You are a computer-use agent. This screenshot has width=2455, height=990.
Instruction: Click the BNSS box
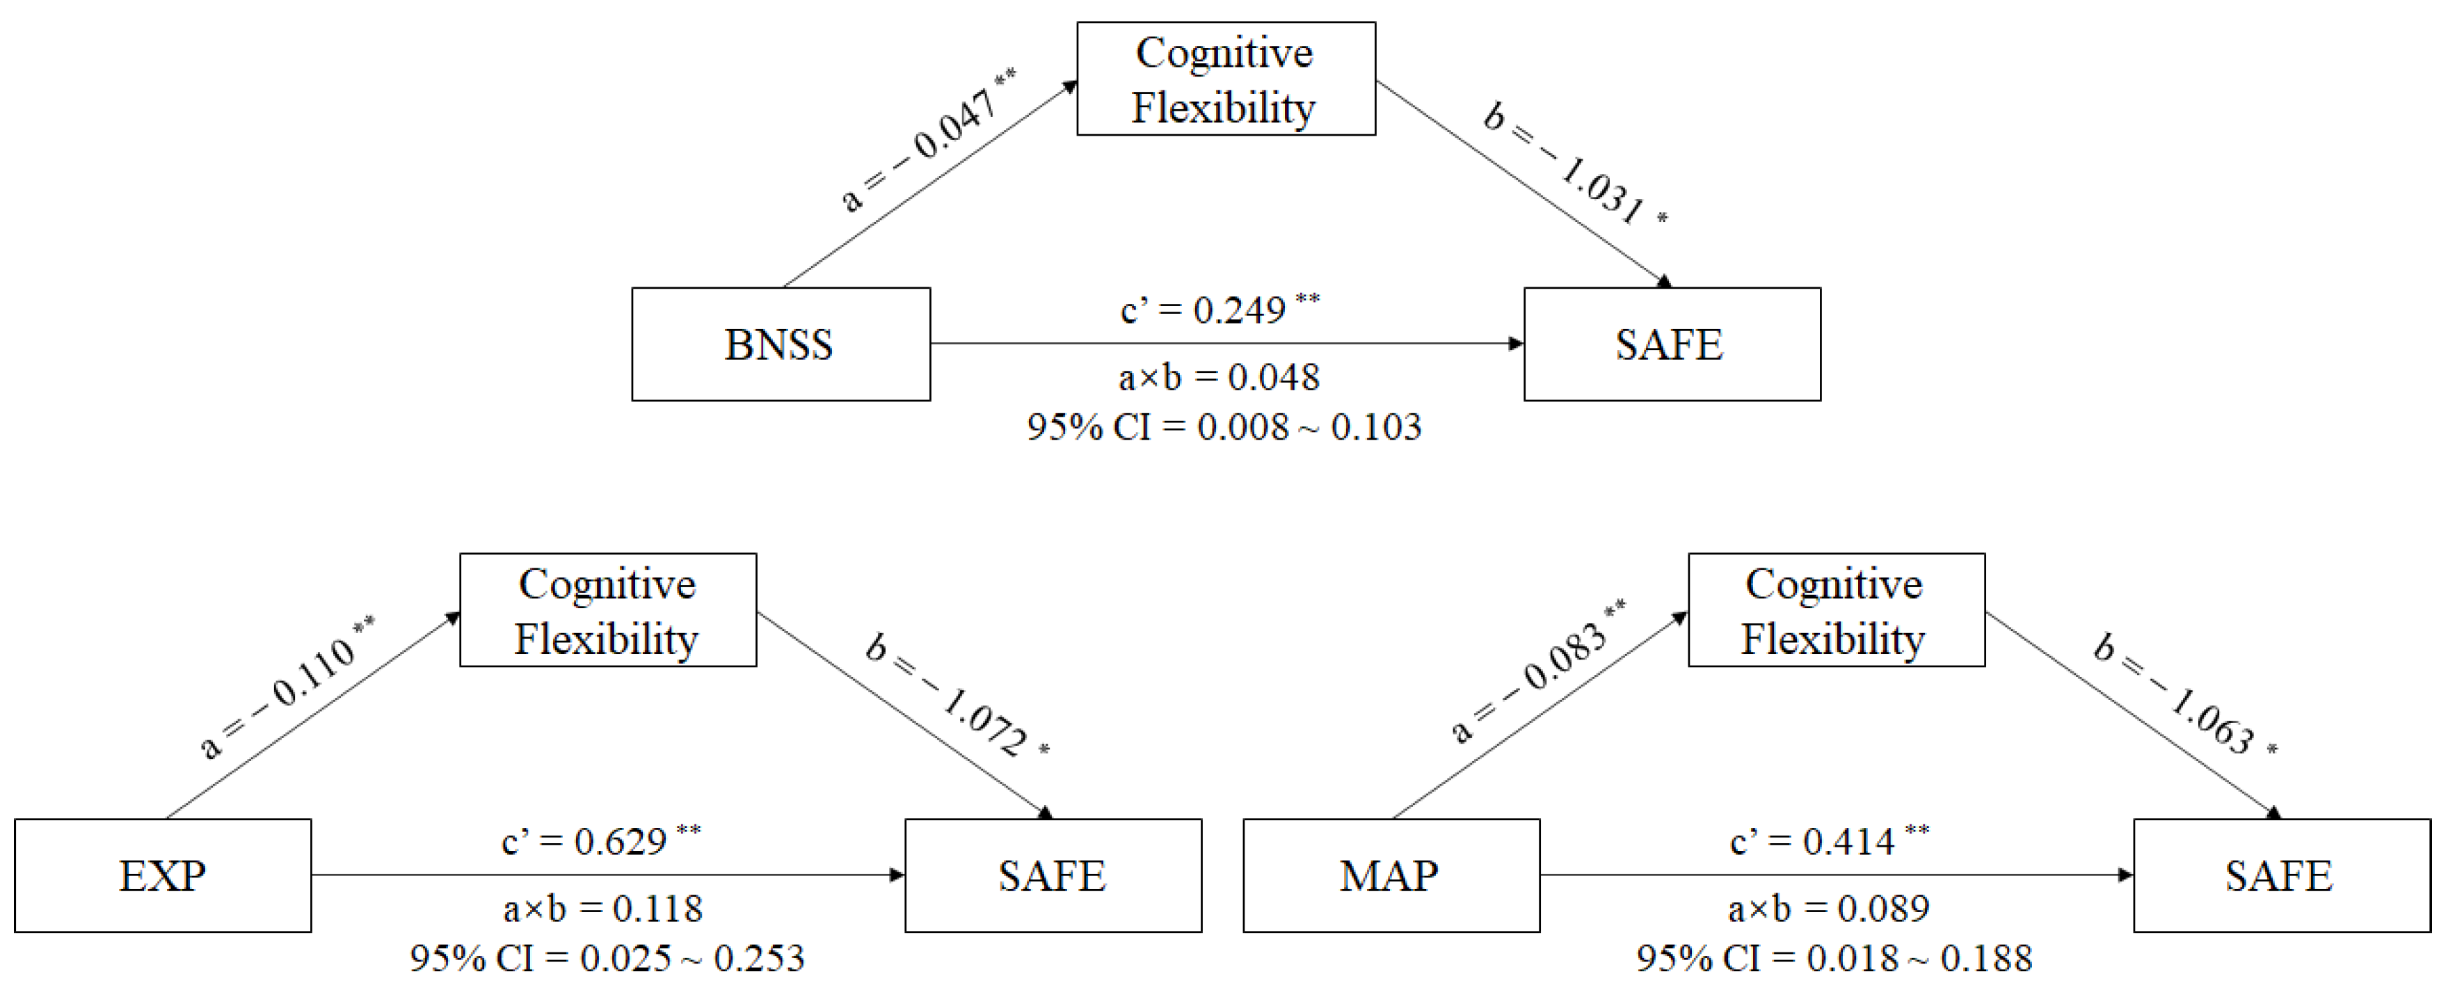pyautogui.click(x=781, y=344)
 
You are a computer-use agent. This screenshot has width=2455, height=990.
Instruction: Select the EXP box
pyautogui.click(x=163, y=875)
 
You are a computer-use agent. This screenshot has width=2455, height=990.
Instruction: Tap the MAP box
pyautogui.click(x=1391, y=875)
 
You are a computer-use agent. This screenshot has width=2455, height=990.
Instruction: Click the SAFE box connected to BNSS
pyautogui.click(x=1672, y=344)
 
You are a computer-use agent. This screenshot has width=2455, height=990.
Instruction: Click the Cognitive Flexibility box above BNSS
pyautogui.click(x=1226, y=79)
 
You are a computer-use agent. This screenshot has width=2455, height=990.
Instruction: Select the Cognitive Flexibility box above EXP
pyautogui.click(x=608, y=610)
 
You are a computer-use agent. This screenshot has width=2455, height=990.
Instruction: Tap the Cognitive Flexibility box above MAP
pyautogui.click(x=1836, y=610)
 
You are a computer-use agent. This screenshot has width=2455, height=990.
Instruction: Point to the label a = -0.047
pyautogui.click(x=925, y=143)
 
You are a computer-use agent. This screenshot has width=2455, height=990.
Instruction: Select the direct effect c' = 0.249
pyautogui.click(x=1218, y=310)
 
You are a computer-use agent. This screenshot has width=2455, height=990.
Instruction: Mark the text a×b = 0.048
pyautogui.click(x=1219, y=377)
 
